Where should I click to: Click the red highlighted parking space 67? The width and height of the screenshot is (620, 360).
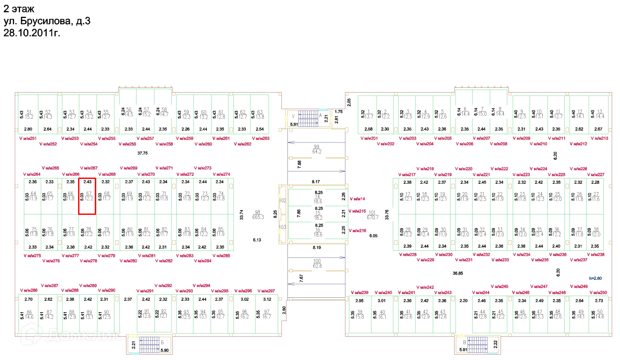coord(87,196)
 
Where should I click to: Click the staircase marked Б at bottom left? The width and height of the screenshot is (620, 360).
coord(149,345)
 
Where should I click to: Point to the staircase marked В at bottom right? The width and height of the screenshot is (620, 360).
coord(477,344)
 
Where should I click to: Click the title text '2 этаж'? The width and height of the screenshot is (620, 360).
coord(18,8)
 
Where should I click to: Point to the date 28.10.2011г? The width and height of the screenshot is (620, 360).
coord(32,32)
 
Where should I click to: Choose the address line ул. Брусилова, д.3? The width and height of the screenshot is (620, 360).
coord(47,21)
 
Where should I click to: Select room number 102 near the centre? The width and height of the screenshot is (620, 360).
coord(282,200)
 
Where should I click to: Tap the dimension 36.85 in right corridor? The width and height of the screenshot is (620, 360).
coord(458,273)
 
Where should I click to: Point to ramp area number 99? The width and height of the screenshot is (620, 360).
coord(316,146)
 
